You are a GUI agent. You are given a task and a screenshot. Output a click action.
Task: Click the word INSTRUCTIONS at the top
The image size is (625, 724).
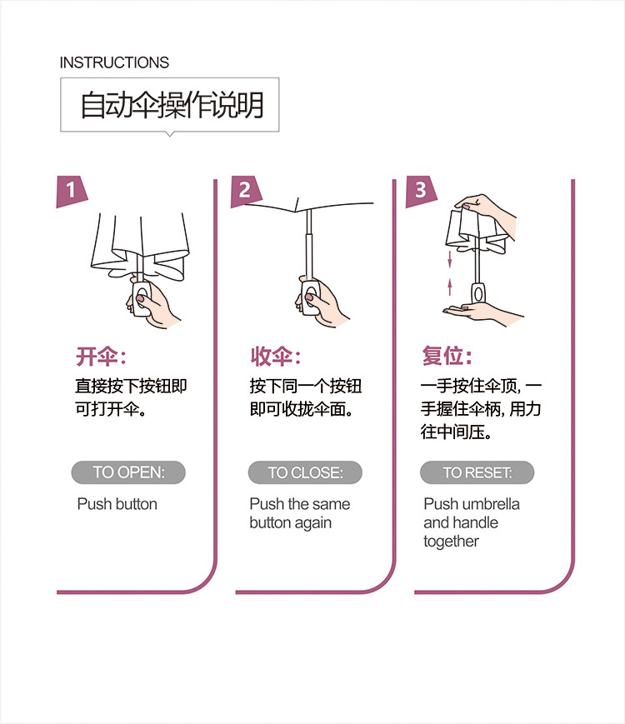[114, 62]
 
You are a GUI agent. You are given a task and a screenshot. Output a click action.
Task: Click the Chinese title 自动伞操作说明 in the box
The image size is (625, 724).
[172, 105]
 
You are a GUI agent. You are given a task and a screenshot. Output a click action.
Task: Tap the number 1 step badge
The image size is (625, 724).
[71, 191]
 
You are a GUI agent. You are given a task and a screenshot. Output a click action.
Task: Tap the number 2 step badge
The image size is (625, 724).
[245, 191]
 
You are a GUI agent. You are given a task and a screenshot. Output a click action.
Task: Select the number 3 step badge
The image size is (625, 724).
[420, 191]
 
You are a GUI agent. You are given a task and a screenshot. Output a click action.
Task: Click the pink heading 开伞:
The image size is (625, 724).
[101, 357]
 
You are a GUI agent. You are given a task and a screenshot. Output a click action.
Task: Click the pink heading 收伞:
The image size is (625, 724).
[276, 357]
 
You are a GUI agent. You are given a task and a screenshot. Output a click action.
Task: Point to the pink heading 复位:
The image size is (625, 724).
[447, 356]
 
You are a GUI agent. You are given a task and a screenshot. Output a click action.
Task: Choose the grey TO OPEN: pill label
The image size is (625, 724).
[128, 472]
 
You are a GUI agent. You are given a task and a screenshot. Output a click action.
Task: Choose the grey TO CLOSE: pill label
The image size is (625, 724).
[305, 472]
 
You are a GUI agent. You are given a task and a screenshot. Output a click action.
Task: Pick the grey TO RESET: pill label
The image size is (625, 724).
[477, 472]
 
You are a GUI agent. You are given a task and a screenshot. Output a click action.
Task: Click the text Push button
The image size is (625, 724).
[117, 504]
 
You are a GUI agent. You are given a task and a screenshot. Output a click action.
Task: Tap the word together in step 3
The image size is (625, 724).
[451, 542]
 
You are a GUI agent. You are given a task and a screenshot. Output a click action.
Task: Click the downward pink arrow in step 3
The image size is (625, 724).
[449, 259]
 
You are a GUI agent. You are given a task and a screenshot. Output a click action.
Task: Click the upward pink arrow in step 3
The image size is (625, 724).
[450, 287]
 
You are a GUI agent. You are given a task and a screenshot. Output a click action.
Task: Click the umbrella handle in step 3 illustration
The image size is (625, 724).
[478, 293]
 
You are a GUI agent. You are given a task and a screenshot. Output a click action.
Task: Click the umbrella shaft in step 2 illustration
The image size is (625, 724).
[308, 245]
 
